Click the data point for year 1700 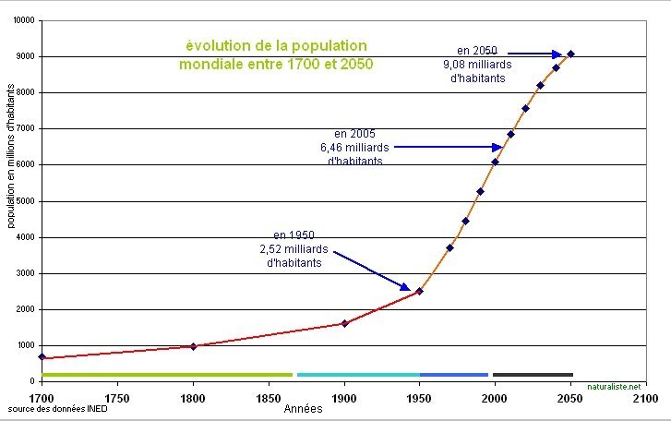click(42, 356)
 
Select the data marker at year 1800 click(193, 346)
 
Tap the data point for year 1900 click(344, 323)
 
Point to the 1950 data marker click(419, 291)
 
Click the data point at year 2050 click(570, 54)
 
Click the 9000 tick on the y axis click(24, 56)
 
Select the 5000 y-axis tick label click(24, 201)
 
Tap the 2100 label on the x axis click(646, 399)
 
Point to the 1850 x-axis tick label click(269, 399)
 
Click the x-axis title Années click(303, 408)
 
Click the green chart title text click(276, 55)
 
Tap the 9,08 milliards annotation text click(477, 64)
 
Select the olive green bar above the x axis click(167, 374)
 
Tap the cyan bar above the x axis click(358, 374)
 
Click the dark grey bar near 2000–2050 click(533, 374)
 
